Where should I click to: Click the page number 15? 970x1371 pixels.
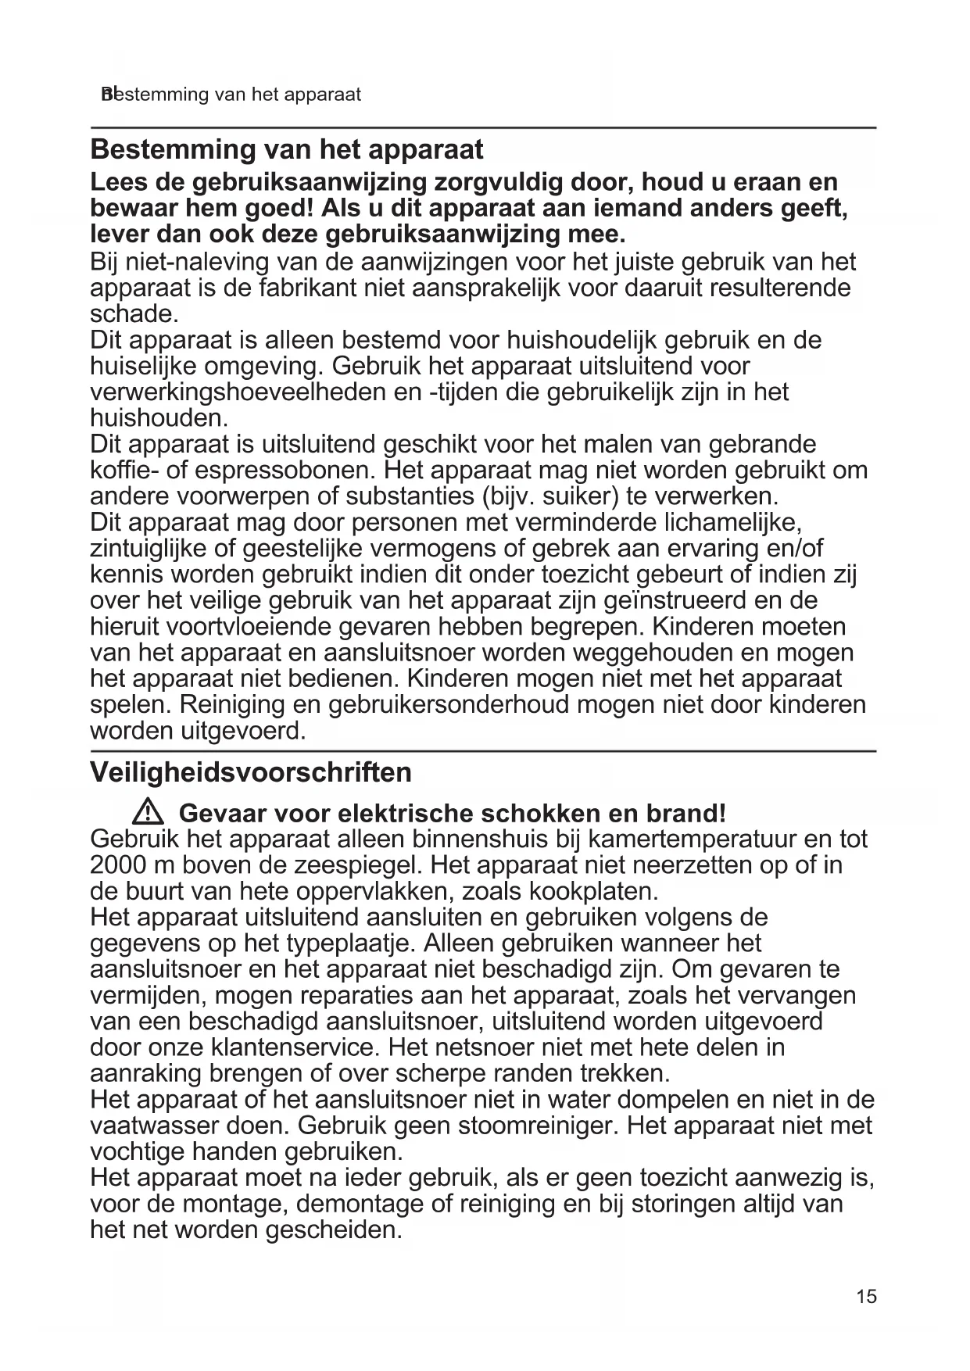pos(866,1297)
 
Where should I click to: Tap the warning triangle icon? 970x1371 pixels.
pos(147,813)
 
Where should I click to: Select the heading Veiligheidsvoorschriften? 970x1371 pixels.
pos(251,772)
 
